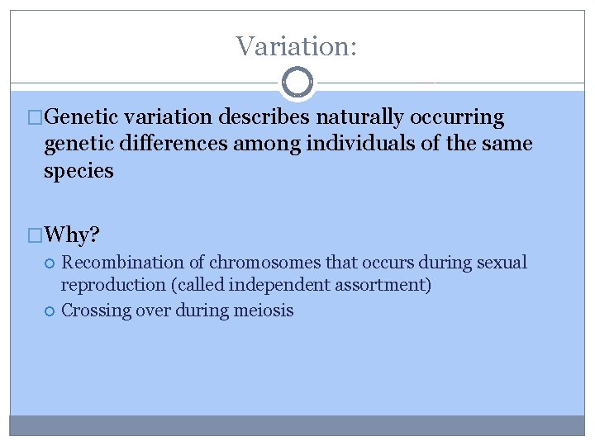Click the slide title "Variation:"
pyautogui.click(x=297, y=45)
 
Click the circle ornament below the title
pyautogui.click(x=297, y=83)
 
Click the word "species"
pyautogui.click(x=79, y=172)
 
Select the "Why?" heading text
pyautogui.click(x=73, y=235)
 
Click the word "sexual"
pyautogui.click(x=501, y=263)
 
